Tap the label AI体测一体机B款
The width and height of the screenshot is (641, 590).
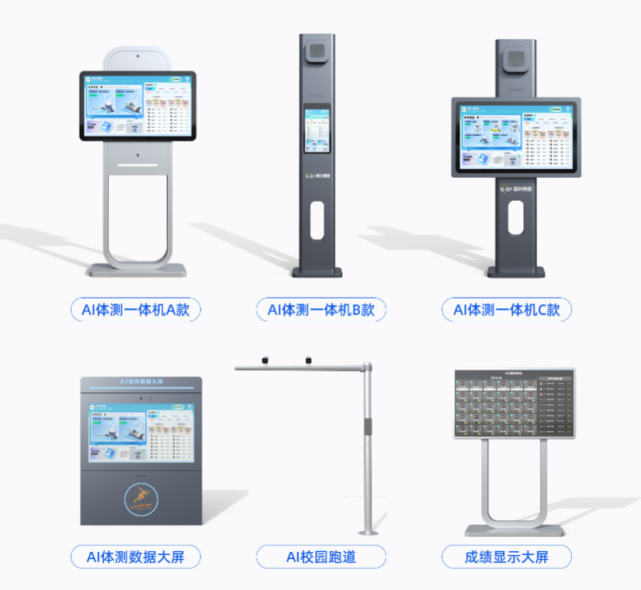click(320, 310)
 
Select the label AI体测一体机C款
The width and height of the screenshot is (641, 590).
click(507, 310)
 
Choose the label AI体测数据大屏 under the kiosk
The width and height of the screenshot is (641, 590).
click(135, 557)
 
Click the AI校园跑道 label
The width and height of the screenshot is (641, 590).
click(320, 557)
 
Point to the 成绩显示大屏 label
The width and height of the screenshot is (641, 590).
click(507, 557)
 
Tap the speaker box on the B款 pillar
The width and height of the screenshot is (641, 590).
click(317, 53)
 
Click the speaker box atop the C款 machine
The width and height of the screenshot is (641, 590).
click(515, 60)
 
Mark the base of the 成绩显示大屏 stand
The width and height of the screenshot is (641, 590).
click(513, 529)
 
